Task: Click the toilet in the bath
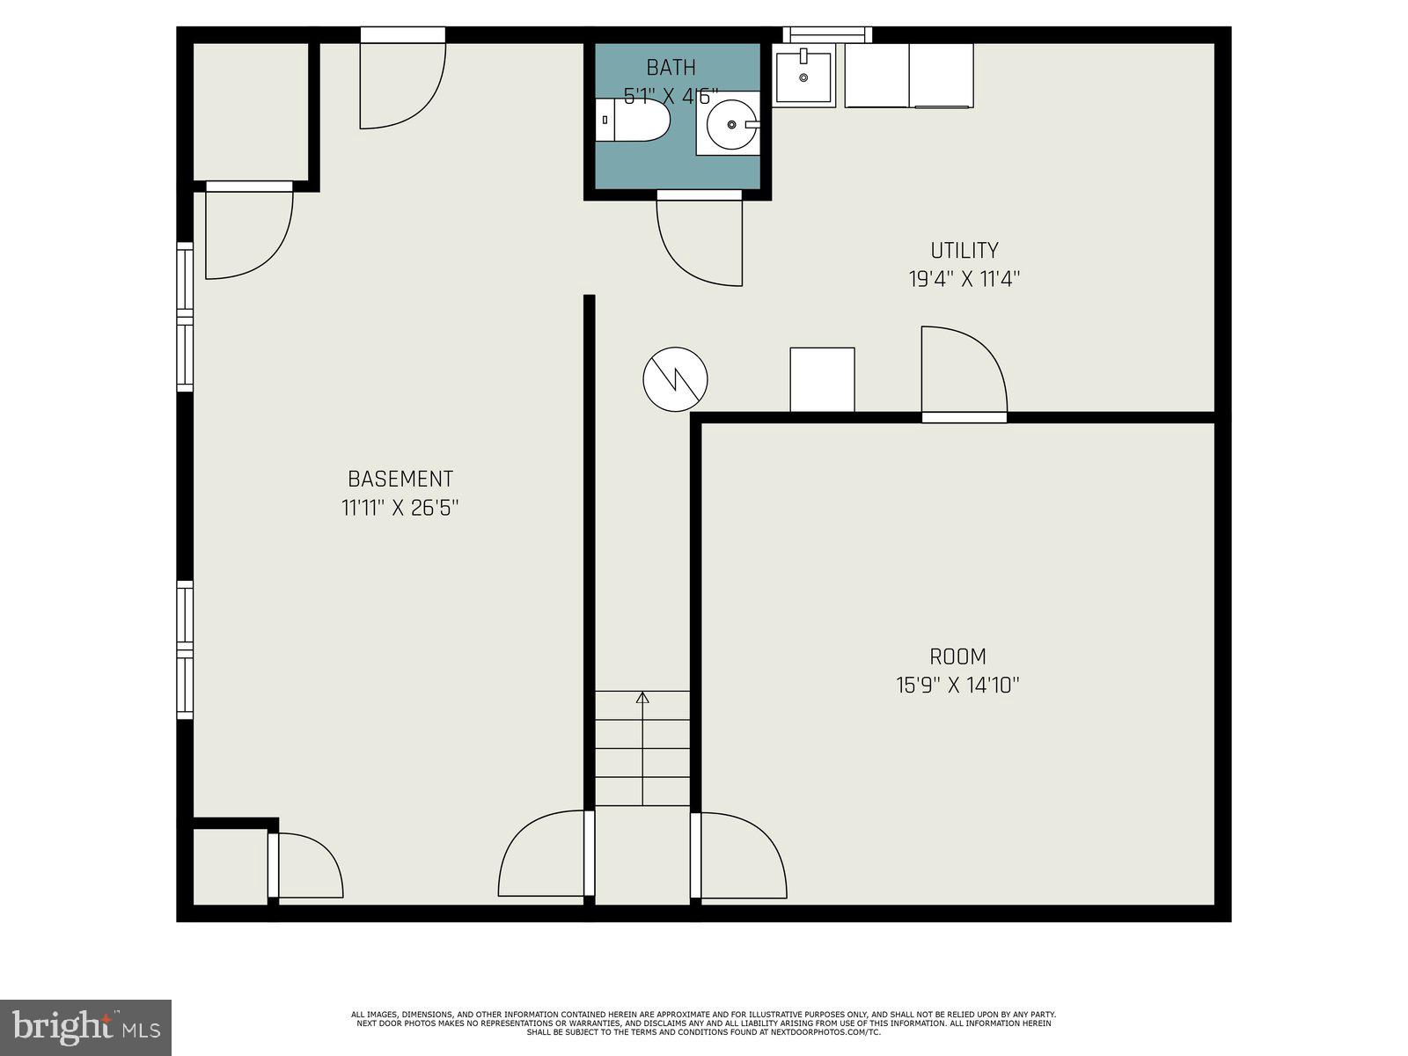click(x=634, y=121)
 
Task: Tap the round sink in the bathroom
click(x=730, y=124)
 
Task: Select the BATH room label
click(x=671, y=68)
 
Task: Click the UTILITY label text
click(x=964, y=251)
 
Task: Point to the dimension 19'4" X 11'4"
click(x=964, y=280)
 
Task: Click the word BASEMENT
click(x=400, y=480)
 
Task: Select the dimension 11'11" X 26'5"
click(x=400, y=508)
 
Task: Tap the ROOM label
click(x=957, y=656)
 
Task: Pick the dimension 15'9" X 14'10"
click(x=957, y=686)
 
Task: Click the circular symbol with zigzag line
click(x=675, y=379)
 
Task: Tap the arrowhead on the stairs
click(x=642, y=698)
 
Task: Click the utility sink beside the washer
click(x=803, y=77)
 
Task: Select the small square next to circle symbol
click(x=822, y=379)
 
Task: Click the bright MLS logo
click(x=85, y=1027)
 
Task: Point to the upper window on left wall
click(x=185, y=317)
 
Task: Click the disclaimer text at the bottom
click(x=703, y=1023)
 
